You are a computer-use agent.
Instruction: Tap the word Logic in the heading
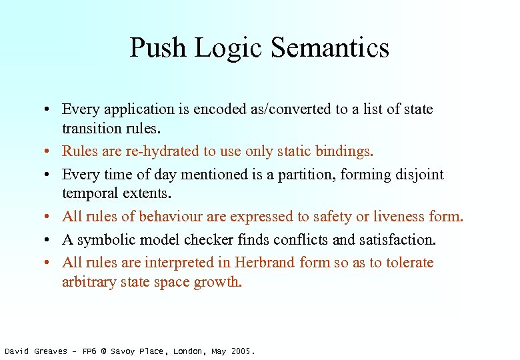(x=224, y=48)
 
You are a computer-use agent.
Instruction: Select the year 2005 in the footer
(x=242, y=351)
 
